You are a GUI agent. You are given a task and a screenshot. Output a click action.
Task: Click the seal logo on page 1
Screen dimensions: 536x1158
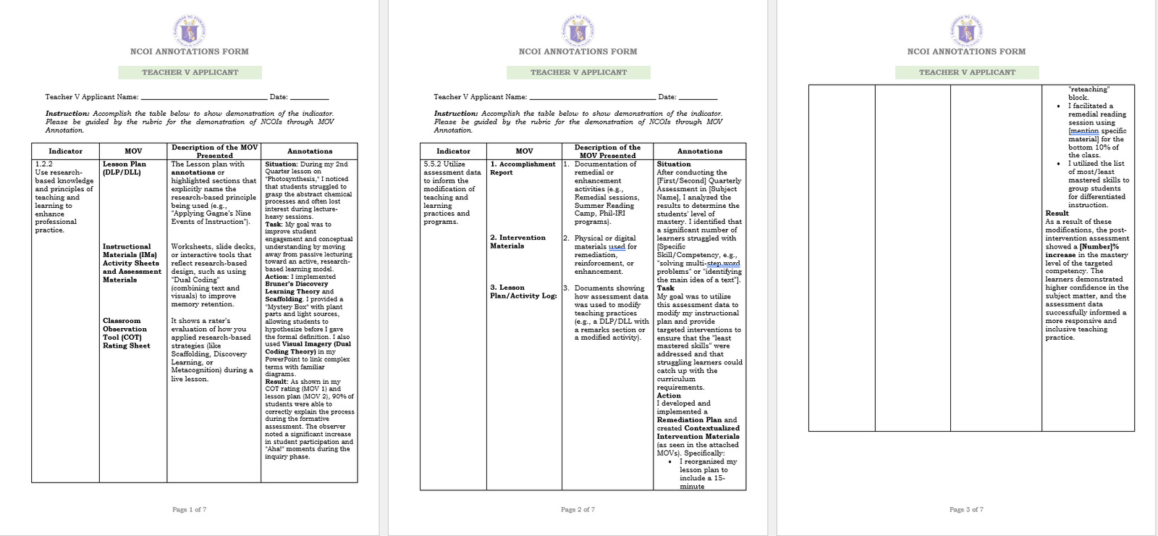pos(190,31)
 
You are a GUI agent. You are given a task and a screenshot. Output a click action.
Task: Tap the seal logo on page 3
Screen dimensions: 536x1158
pos(966,31)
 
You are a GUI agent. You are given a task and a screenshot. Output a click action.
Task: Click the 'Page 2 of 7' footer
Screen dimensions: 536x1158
pos(578,510)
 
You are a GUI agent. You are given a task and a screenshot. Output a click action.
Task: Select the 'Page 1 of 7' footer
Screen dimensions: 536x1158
pos(189,510)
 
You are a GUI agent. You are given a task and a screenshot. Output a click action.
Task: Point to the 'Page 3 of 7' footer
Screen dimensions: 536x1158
pos(966,510)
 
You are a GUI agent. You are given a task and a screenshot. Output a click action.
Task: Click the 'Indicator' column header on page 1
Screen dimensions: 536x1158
pos(65,151)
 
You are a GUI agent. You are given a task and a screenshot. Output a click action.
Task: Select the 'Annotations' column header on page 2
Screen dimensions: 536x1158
pos(699,151)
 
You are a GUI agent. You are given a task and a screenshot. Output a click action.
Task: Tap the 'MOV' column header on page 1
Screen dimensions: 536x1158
pos(133,151)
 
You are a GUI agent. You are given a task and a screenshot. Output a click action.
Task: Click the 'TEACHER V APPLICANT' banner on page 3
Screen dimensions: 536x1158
pos(967,72)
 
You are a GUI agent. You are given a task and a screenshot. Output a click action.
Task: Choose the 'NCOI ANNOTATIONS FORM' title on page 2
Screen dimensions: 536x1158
pos(578,52)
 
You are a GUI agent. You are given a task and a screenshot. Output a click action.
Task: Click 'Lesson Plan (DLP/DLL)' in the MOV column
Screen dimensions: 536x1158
pos(124,168)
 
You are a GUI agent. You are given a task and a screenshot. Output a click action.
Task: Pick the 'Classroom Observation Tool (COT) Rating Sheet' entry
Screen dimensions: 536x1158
pos(126,333)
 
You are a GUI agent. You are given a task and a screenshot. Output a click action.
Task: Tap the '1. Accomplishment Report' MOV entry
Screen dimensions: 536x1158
pos(523,168)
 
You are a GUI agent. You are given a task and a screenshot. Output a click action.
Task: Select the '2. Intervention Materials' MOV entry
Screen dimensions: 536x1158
pos(517,242)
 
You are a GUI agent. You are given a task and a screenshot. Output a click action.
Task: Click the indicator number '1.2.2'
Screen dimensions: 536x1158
pos(44,164)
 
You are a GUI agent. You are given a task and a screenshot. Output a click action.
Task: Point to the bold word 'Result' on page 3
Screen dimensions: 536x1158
pos(1057,214)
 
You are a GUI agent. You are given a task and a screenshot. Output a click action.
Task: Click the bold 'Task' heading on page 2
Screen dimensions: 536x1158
pos(665,288)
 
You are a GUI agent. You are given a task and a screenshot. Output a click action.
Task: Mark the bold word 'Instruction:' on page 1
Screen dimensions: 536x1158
pos(67,114)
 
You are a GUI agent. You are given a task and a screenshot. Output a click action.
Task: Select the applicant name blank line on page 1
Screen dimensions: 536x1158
pos(204,98)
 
